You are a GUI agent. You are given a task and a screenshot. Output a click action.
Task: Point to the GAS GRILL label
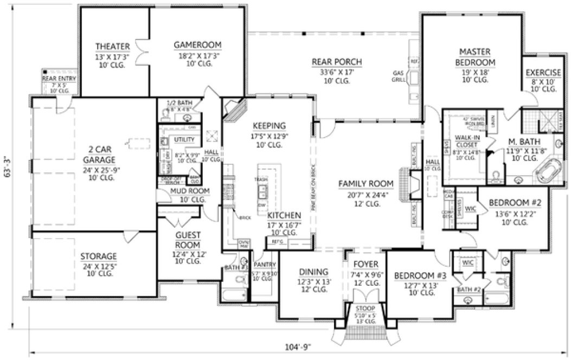click(x=398, y=75)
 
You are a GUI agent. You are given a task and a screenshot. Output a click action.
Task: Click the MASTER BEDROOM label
click(x=474, y=57)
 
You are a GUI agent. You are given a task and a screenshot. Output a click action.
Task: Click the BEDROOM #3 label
click(x=420, y=275)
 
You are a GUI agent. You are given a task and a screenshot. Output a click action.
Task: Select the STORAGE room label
click(x=99, y=256)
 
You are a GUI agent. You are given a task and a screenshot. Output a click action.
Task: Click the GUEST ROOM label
click(x=188, y=239)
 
